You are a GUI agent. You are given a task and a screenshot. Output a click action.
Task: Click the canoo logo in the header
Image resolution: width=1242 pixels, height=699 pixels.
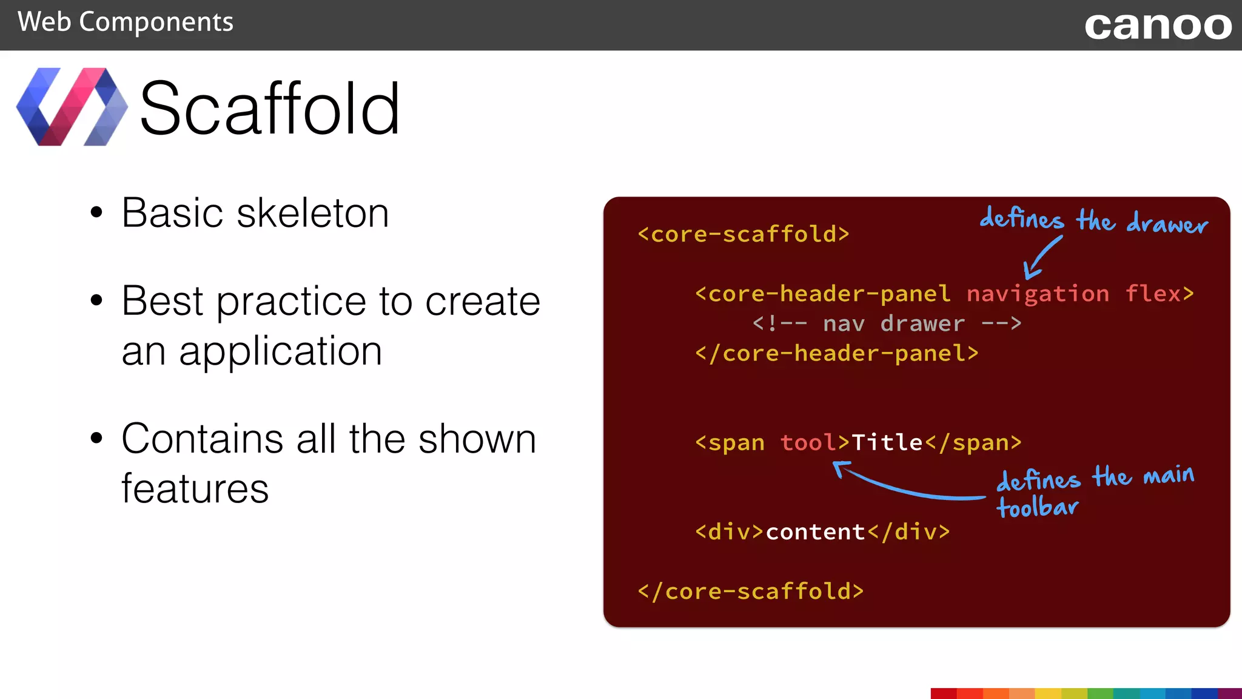click(x=1158, y=27)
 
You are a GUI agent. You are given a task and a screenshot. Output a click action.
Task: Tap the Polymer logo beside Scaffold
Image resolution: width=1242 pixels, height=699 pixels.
click(x=72, y=107)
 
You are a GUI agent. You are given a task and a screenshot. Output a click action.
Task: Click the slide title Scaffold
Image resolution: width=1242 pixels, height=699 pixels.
click(x=270, y=109)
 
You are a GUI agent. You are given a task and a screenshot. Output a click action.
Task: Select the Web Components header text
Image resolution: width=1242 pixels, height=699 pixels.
click(x=126, y=22)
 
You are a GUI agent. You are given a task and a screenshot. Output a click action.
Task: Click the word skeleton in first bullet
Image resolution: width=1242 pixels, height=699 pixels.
click(x=313, y=214)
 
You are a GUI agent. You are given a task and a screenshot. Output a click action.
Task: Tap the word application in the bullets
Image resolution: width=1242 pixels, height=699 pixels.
click(x=280, y=352)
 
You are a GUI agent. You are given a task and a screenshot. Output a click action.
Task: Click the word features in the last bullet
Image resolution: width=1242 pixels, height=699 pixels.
click(x=195, y=489)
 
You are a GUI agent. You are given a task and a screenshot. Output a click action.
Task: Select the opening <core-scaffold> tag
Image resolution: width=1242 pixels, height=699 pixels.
click(x=744, y=234)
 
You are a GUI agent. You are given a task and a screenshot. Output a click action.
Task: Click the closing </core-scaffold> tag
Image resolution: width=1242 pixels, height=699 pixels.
click(x=751, y=592)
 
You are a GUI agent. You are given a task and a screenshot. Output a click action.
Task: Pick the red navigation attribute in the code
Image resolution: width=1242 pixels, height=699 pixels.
click(x=1038, y=294)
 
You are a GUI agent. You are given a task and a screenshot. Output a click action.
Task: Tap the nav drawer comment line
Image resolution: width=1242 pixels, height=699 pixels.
click(x=887, y=324)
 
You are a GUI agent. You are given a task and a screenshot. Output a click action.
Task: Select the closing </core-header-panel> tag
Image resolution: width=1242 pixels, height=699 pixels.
click(x=837, y=354)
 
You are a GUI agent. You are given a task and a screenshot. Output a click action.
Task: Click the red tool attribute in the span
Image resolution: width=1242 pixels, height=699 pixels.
click(x=808, y=443)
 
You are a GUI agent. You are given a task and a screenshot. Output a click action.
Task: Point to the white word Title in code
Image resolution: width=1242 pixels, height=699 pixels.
click(x=887, y=443)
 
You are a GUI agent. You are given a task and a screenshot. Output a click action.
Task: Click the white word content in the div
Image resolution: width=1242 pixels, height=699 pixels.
click(x=816, y=532)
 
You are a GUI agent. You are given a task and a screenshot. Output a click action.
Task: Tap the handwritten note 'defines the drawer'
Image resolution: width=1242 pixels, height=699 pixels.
click(x=1093, y=220)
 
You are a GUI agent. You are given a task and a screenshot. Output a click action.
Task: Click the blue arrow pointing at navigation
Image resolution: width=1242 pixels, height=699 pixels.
click(x=1042, y=258)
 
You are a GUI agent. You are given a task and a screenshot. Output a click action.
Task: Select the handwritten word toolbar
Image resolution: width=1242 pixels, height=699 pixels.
click(x=1038, y=507)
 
